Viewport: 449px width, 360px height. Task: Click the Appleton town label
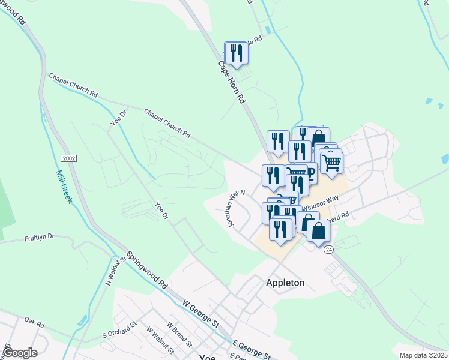(285, 283)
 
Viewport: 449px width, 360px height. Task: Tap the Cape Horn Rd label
(232, 81)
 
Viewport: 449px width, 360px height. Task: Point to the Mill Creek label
(64, 187)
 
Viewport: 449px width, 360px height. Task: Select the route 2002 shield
(68, 157)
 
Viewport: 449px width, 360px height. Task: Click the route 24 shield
(328, 249)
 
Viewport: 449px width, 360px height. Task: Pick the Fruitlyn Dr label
(40, 237)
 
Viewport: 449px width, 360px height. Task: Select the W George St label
(201, 316)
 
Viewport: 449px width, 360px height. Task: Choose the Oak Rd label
(35, 324)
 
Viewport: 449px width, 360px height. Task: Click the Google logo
(20, 353)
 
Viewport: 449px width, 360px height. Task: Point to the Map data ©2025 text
(423, 355)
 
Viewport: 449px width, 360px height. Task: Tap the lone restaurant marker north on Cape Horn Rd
(236, 53)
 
